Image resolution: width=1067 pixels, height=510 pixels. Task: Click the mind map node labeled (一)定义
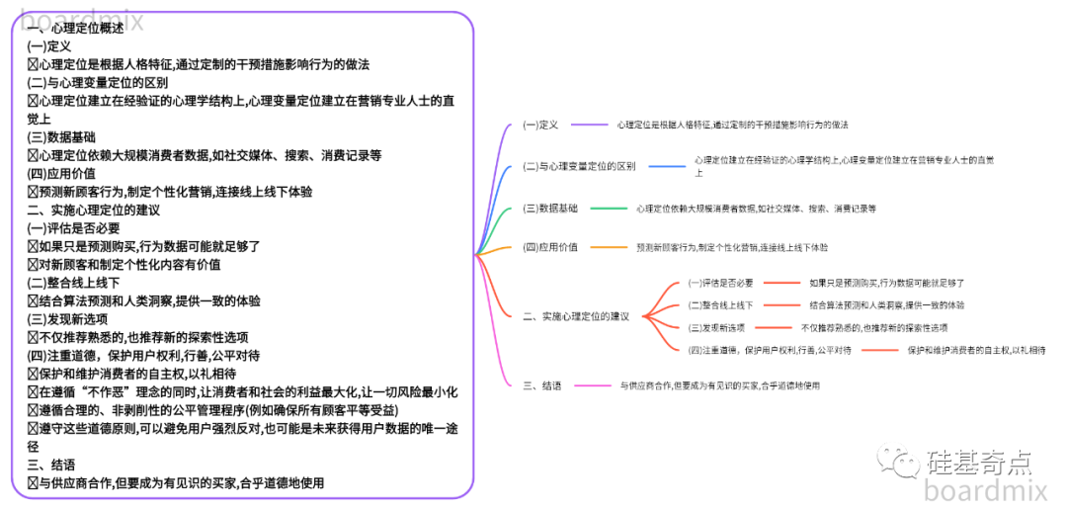(540, 126)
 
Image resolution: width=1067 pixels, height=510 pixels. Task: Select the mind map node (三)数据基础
(550, 209)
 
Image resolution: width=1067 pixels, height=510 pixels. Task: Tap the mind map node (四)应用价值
(550, 247)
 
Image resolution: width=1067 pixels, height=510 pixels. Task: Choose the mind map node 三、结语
(543, 385)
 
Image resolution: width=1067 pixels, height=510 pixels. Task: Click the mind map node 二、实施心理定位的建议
(576, 316)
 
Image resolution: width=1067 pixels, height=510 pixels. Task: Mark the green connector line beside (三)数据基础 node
(608, 209)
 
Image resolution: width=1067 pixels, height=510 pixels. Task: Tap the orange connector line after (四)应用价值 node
(608, 247)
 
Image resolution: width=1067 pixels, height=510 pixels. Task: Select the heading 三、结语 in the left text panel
(51, 465)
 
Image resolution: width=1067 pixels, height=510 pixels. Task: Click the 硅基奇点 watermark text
(979, 462)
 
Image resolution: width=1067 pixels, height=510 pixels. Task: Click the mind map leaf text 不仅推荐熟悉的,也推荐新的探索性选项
(873, 327)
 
